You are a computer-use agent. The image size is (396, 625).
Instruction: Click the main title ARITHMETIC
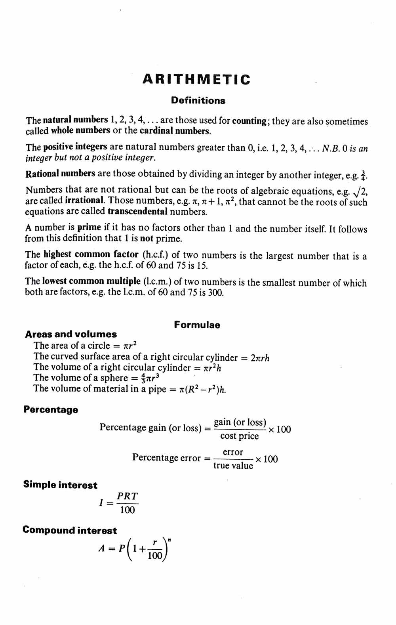tap(196, 79)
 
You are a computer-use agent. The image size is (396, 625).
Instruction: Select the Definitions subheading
tap(198, 101)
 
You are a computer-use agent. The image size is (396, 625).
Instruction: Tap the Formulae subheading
tap(197, 325)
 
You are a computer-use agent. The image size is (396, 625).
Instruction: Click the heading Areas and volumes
tap(71, 334)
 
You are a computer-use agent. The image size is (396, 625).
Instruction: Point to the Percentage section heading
tap(51, 410)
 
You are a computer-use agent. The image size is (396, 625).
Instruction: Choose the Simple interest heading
tap(60, 485)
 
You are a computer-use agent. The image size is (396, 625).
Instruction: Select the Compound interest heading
tap(70, 530)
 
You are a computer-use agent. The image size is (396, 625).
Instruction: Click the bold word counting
tap(249, 121)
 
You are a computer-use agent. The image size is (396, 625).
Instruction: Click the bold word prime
tap(89, 228)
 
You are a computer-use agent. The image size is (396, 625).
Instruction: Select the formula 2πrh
tap(260, 357)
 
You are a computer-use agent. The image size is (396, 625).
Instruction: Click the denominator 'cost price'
tap(239, 436)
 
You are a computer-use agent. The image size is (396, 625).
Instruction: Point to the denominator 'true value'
tap(233, 466)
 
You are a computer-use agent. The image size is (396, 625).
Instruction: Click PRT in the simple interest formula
tap(127, 496)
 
